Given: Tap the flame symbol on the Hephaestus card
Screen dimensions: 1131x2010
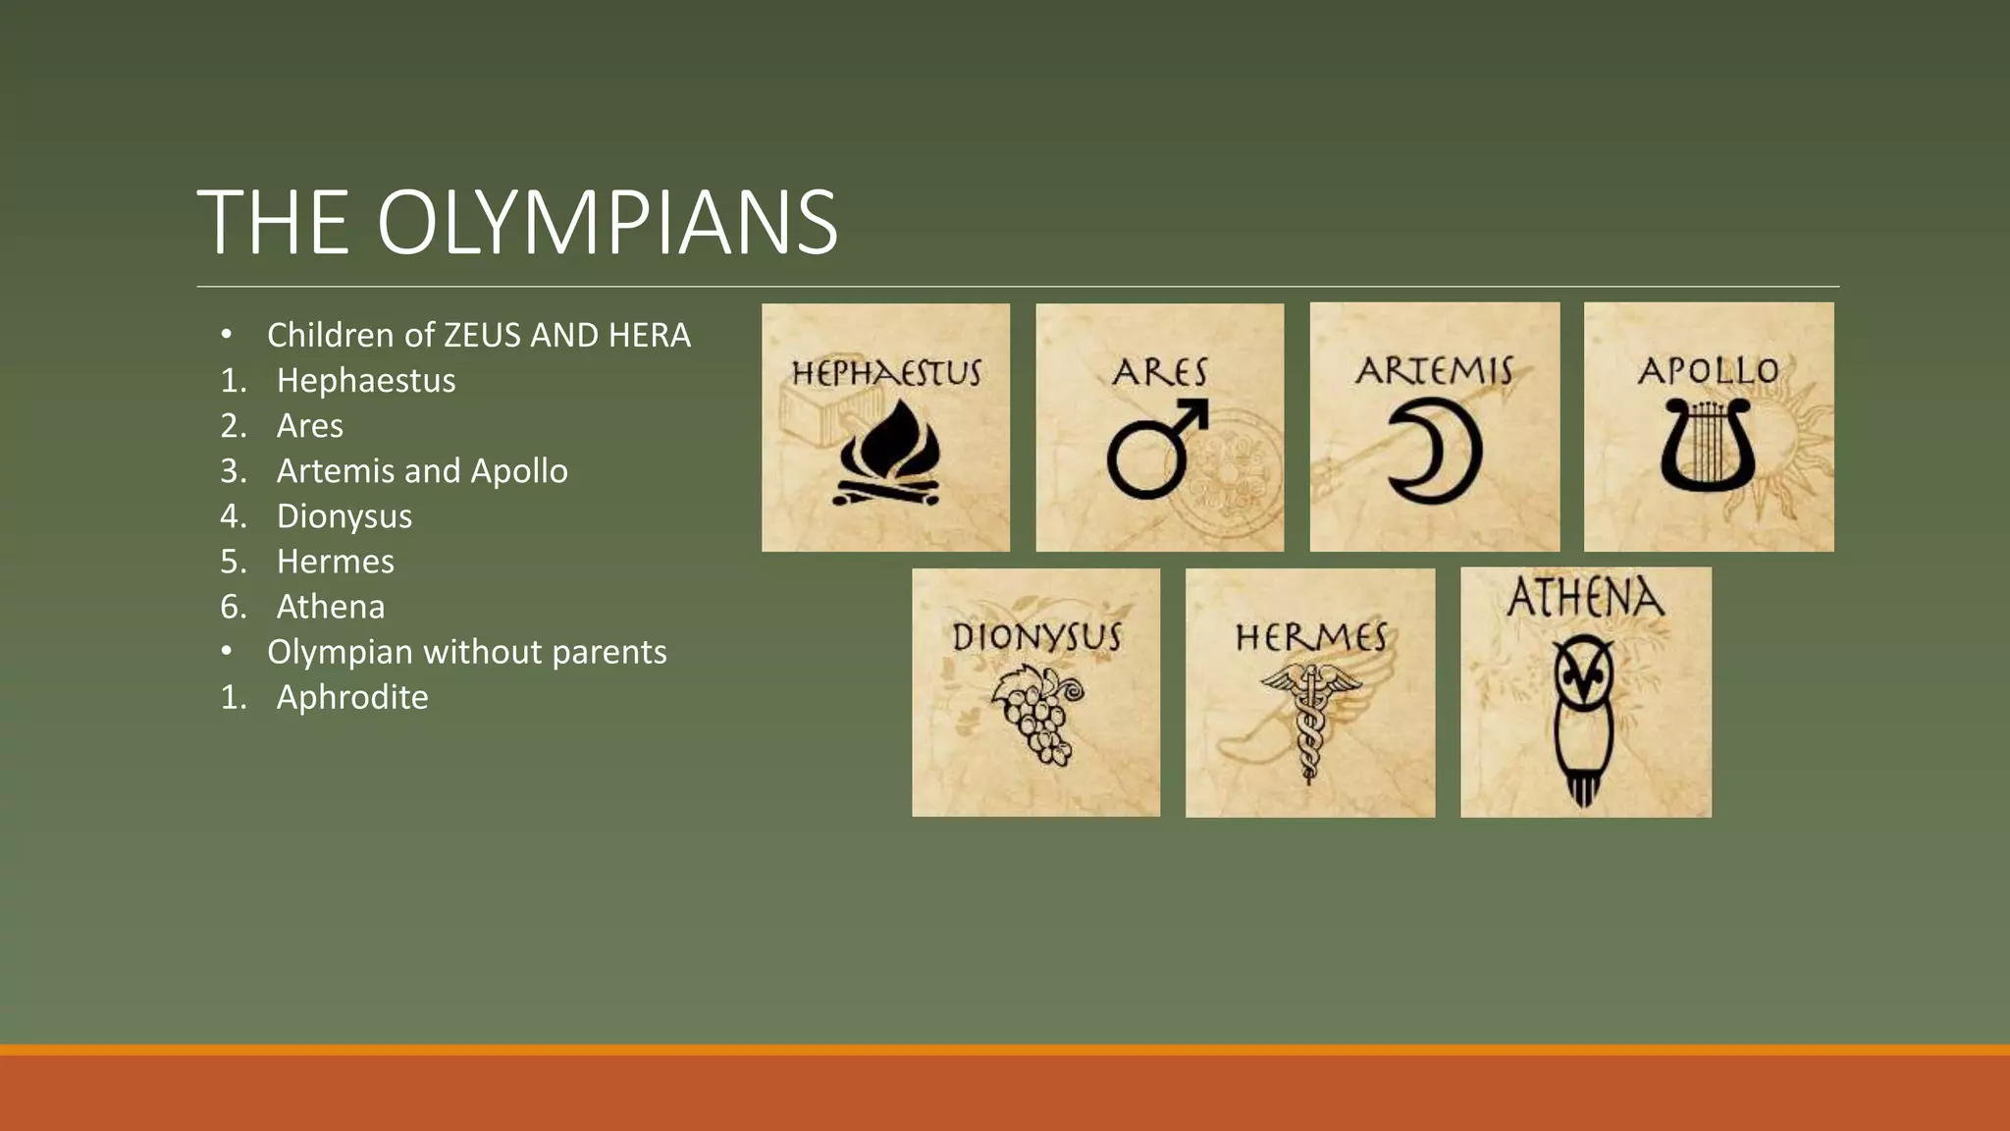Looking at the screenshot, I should pos(887,454).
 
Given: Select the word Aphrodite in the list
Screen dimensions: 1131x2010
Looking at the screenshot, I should pos(352,697).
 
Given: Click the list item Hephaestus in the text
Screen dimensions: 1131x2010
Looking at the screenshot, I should pos(366,381).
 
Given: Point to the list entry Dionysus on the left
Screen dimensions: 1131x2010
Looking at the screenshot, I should pos(344,516).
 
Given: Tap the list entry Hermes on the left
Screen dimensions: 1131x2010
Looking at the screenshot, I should pos(336,562).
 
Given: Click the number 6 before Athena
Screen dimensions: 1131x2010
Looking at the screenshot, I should pos(231,607).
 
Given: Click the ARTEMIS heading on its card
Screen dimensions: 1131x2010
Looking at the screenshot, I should pos(1434,371).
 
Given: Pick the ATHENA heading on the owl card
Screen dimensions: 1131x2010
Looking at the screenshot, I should pos(1585,598).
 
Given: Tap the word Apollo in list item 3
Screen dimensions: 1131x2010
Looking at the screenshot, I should pos(519,471).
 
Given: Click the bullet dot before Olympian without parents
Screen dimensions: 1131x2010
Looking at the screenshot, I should pos(227,651).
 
